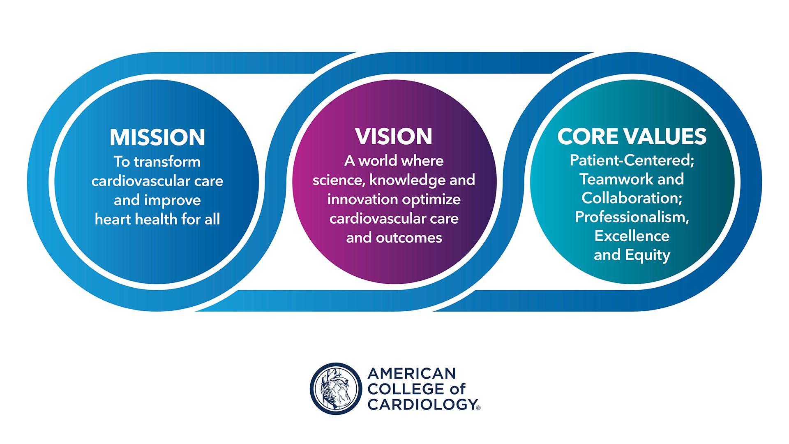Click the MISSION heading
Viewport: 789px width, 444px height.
pos(157,137)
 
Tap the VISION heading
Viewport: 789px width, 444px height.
pos(394,136)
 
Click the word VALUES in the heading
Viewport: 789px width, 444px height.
pos(666,136)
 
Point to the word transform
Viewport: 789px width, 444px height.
pos(167,162)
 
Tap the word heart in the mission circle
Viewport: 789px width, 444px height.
pos(113,219)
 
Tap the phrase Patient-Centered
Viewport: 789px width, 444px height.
pos(631,160)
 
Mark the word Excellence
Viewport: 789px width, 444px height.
pos(632,236)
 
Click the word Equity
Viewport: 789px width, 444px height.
pos(648,255)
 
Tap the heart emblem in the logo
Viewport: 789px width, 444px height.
pos(336,388)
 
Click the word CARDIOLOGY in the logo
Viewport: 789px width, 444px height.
pos(422,404)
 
